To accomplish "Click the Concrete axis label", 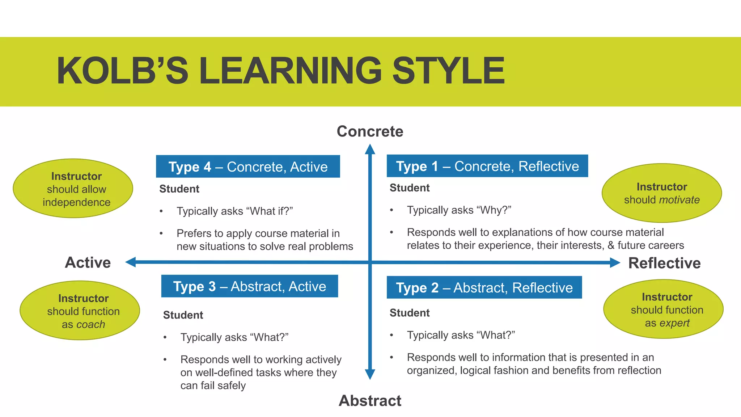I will pos(370,131).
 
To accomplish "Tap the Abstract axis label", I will pos(370,401).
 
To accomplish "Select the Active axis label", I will pos(88,262).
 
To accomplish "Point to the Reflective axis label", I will pos(664,263).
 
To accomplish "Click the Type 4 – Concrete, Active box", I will pos(248,167).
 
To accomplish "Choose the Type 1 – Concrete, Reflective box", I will pos(487,166).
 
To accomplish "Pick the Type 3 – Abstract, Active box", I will pos(249,286).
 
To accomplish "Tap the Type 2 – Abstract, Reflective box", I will pos(484,287).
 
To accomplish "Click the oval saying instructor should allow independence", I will pos(73,189).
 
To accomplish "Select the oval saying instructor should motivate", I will pos(661,193).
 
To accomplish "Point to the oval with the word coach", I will pos(80,311).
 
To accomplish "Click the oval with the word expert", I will pos(663,309).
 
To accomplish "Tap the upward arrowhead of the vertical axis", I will pos(370,149).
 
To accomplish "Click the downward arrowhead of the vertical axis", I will pos(370,374).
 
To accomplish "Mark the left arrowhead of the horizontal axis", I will pos(131,262).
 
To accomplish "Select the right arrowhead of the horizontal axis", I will pos(615,263).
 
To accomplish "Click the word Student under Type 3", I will pos(183,315).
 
